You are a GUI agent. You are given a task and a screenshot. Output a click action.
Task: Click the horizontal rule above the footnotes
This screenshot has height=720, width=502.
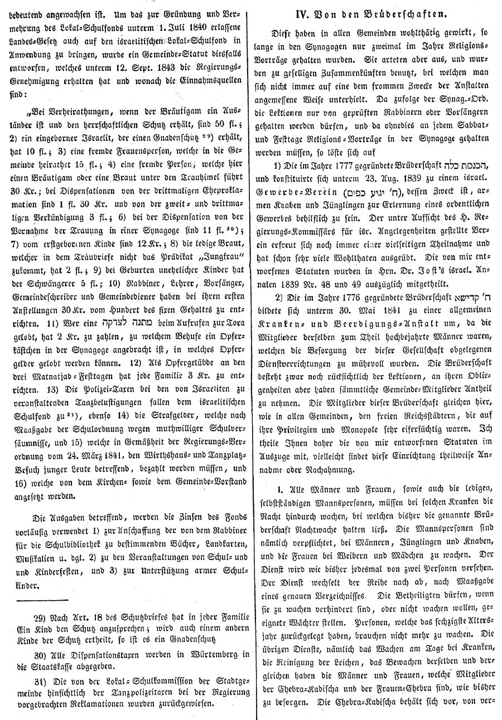click(42, 602)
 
